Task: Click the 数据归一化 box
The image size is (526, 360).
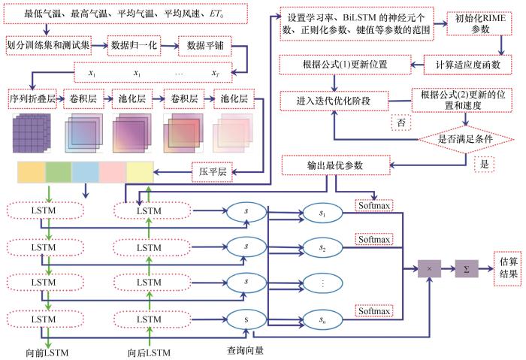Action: [134, 46]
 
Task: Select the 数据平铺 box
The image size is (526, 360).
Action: [204, 46]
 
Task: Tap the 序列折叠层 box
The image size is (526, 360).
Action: [32, 99]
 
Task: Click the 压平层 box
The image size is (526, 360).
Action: [212, 172]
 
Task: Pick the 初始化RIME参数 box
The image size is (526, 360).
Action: [479, 24]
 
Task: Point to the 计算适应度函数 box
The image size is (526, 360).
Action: [467, 65]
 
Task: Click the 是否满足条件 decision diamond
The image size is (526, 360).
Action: [466, 139]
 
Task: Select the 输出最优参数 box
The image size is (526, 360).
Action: [336, 165]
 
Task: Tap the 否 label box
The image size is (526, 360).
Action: [401, 122]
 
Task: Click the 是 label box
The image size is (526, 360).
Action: [484, 165]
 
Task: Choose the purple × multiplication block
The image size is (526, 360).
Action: [429, 269]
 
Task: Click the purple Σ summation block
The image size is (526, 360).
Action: [467, 269]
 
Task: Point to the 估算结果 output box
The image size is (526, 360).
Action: [507, 268]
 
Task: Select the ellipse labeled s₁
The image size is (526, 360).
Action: [322, 213]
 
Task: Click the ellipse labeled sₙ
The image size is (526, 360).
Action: [322, 319]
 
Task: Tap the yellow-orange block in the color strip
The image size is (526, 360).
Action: [32, 172]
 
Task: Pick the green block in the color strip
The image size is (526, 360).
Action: [59, 172]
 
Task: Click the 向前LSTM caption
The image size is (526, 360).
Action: [47, 353]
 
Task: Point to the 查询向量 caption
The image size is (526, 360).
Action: [245, 351]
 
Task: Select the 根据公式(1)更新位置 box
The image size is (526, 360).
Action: [345, 65]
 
